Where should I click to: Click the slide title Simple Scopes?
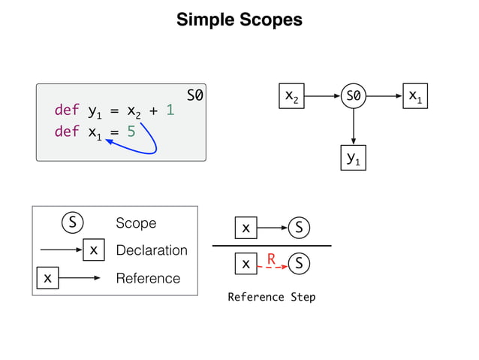pos(239,20)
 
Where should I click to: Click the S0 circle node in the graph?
pos(353,96)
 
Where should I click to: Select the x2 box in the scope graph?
pos(291,96)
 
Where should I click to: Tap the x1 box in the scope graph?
pos(414,96)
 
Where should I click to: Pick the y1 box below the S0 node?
pos(353,158)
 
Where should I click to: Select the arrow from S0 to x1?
pos(384,96)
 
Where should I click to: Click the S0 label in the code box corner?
pos(194,95)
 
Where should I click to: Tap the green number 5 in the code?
pos(131,132)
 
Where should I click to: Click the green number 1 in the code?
pos(170,111)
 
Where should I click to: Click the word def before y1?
pos(66,111)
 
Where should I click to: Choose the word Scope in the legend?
pos(136,223)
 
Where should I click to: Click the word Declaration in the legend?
pos(152,250)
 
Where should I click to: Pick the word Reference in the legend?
pos(148,278)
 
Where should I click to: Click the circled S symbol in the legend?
pos(72,223)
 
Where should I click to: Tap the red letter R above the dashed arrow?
pos(272,259)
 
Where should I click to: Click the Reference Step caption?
pos(271,297)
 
